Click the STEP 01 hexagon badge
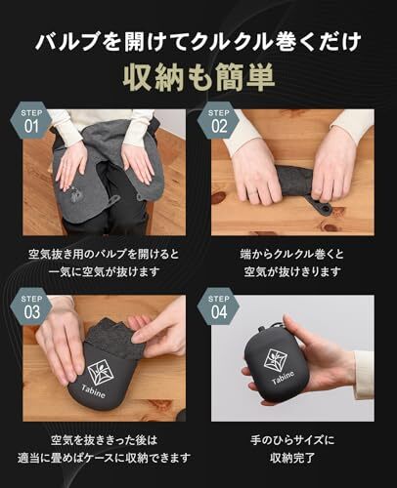tap(31, 121)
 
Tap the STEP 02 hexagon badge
tap(219, 121)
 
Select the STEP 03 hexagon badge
tap(31, 306)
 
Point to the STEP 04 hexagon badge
tap(219, 306)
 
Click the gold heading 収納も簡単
tap(198, 77)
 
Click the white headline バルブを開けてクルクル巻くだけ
tap(198, 42)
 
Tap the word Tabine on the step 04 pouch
tap(283, 377)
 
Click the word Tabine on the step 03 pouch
tap(94, 391)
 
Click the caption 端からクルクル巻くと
tap(292, 254)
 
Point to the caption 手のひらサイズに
tap(292, 440)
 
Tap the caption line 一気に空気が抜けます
tap(104, 271)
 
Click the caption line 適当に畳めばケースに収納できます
tap(104, 458)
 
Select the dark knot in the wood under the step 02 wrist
tap(219, 197)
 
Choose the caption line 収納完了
tap(292, 458)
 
